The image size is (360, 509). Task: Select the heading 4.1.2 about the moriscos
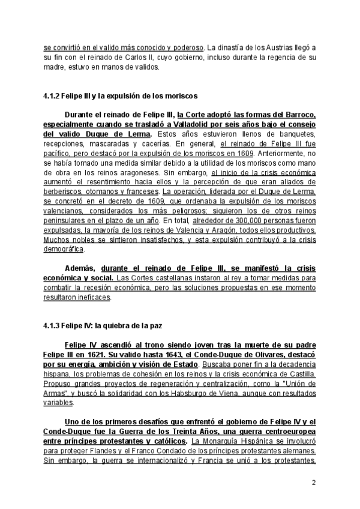[x=118, y=95]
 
